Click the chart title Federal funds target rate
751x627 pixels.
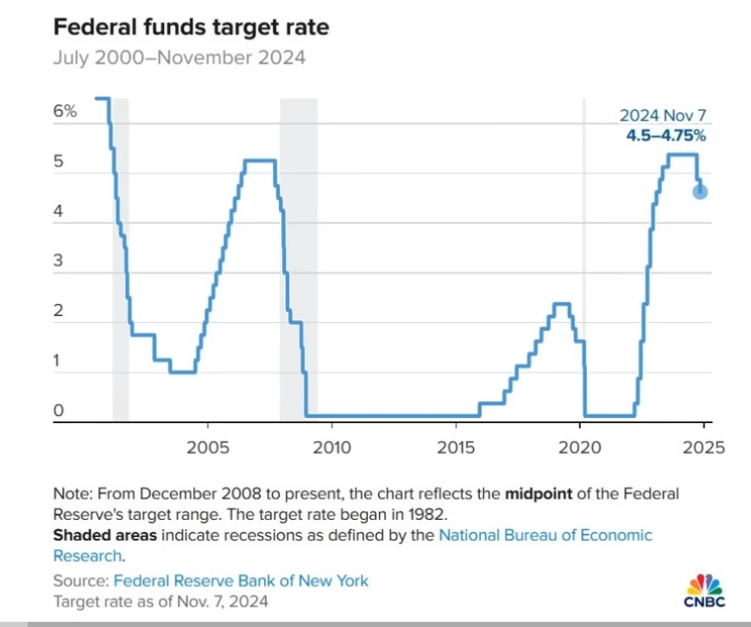[191, 27]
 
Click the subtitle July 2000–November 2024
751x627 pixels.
[179, 59]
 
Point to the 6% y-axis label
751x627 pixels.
[66, 111]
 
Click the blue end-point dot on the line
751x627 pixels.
[700, 191]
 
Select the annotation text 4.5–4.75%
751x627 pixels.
[666, 136]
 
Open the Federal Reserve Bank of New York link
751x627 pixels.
[241, 580]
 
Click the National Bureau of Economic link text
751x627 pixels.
[546, 535]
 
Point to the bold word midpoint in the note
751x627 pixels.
[538, 494]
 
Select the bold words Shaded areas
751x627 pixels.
[104, 535]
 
